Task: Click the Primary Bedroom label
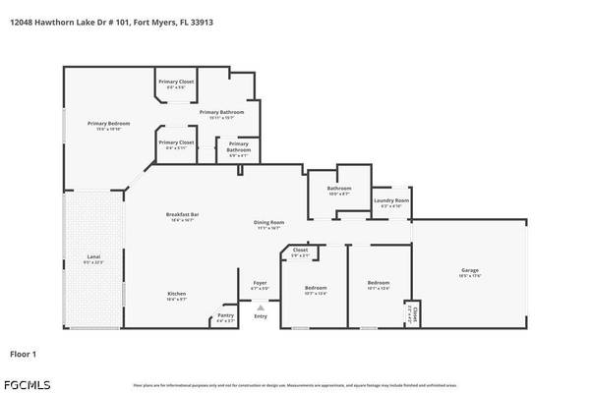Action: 108,124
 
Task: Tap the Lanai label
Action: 92,257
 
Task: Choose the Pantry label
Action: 225,315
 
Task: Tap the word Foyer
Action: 260,283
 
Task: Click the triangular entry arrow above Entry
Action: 261,307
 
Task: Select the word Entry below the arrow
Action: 261,316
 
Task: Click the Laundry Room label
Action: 390,201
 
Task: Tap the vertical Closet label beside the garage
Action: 414,313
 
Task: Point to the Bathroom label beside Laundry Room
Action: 339,189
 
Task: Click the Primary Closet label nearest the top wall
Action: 177,81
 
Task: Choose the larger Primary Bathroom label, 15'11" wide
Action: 221,112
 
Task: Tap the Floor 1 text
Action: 24,352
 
